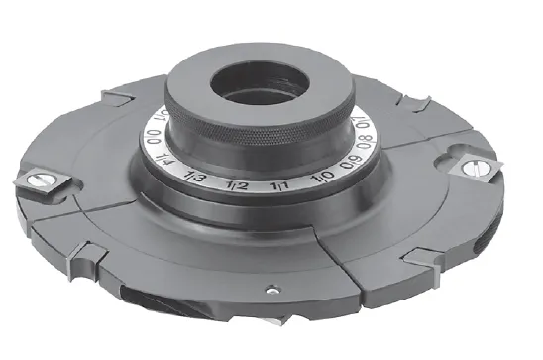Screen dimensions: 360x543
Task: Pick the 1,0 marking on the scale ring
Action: click(x=322, y=178)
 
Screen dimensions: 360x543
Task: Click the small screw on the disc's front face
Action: click(x=271, y=292)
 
